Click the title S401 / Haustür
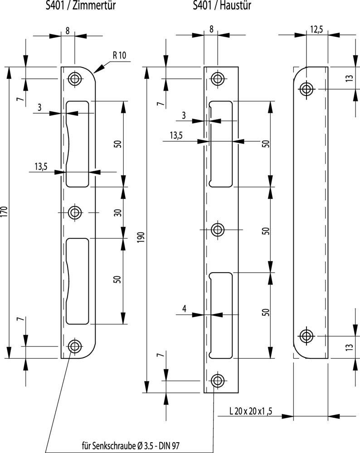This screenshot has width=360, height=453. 222,5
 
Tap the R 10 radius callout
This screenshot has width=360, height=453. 120,56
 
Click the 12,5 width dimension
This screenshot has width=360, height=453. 316,30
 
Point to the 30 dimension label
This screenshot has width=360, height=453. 117,212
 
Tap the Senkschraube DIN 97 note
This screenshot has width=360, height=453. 132,445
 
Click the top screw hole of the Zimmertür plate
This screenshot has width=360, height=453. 74,79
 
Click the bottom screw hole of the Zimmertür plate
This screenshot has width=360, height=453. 74,346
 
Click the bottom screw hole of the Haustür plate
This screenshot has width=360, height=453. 218,381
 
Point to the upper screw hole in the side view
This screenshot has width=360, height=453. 306,88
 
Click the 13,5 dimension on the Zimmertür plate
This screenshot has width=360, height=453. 41,167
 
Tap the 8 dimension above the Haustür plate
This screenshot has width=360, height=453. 211,30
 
